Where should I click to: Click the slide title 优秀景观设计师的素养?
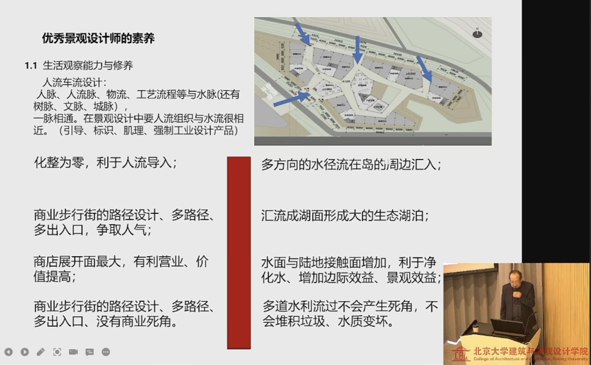click(98, 38)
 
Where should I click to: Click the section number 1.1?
click(31, 65)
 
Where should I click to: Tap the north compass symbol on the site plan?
click(477, 32)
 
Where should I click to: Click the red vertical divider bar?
click(239, 252)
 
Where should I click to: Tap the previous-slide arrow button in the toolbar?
click(9, 352)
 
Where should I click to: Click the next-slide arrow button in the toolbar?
click(24, 352)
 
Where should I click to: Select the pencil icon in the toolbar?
click(41, 352)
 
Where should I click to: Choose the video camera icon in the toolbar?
click(73, 352)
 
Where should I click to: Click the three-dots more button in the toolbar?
click(106, 352)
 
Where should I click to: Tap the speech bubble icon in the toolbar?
click(90, 352)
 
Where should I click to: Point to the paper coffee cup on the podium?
click(476, 327)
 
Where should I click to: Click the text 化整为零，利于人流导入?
click(105, 163)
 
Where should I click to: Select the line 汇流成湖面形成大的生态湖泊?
click(345, 215)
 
